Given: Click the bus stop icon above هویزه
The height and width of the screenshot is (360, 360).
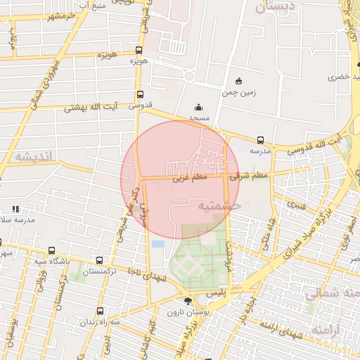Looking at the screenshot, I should tap(139, 50).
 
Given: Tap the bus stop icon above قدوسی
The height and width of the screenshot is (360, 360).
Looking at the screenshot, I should tap(141, 94).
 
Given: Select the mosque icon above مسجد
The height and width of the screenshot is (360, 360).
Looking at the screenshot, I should tap(198, 108).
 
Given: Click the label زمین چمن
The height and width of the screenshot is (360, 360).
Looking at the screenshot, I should tap(239, 92).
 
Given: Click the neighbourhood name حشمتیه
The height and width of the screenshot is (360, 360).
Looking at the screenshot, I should tap(219, 206).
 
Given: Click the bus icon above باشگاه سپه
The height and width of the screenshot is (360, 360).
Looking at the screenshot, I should tap(51, 250).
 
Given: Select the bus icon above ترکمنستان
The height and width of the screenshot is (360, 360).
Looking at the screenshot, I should tap(99, 260).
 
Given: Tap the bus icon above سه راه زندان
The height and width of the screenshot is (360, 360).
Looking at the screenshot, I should tap(100, 310).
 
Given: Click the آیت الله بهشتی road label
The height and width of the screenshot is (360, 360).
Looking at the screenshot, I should tap(87, 109).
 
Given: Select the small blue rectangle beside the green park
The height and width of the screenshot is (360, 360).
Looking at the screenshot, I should tap(157, 244).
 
